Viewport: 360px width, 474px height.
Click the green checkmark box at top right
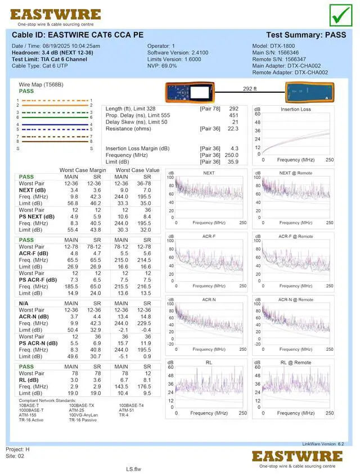[340, 15]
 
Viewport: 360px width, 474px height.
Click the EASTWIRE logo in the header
[55, 15]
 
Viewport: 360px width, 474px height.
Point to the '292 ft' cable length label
[249, 89]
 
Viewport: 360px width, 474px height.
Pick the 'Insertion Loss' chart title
[295, 109]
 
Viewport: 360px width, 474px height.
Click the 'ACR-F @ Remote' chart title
[295, 236]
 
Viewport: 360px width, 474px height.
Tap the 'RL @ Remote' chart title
[295, 363]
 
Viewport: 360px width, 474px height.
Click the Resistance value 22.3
[233, 129]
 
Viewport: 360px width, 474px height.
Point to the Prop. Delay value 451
[233, 115]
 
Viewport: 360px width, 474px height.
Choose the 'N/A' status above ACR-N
[25, 303]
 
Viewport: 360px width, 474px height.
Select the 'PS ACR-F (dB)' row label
[38, 279]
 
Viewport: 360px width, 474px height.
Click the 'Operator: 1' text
[161, 46]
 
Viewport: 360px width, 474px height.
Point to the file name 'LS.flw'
[133, 468]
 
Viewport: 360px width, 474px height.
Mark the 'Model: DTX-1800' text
[273, 46]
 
